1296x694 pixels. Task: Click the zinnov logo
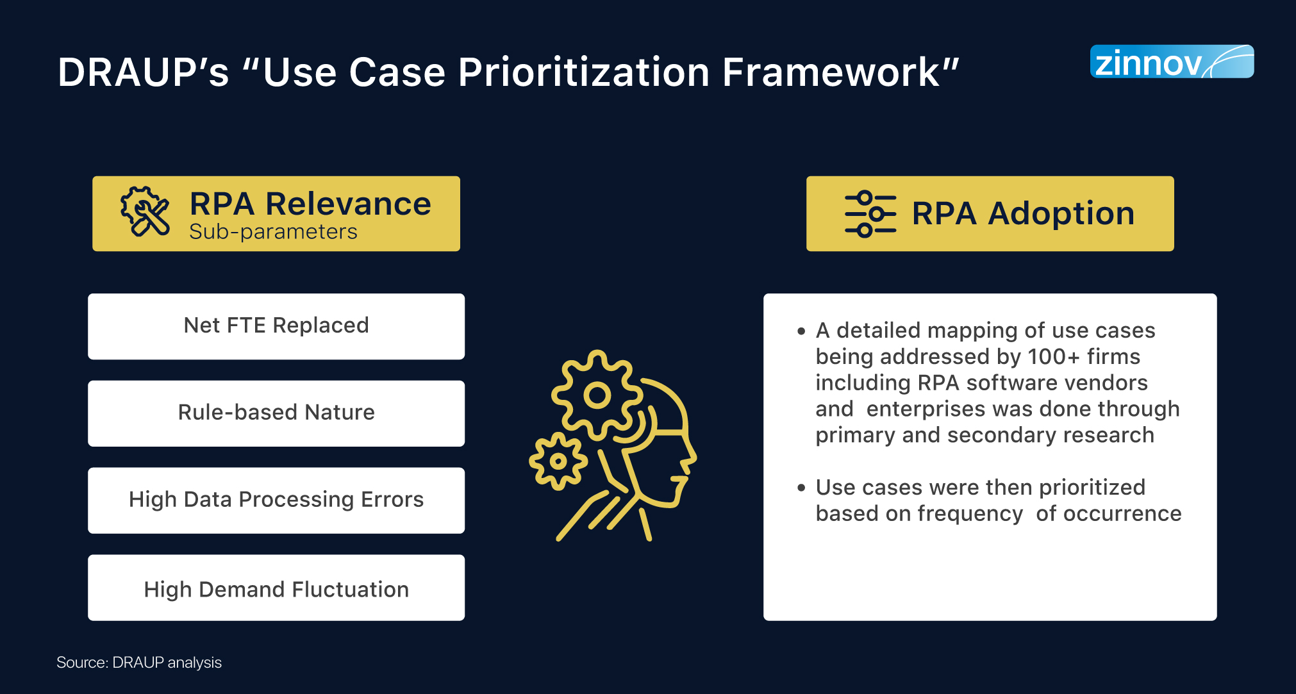tap(1172, 62)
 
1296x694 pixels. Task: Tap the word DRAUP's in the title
tap(143, 72)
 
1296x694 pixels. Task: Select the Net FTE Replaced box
tap(276, 326)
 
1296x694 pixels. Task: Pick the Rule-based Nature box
tap(276, 413)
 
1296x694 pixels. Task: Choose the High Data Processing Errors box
tap(276, 500)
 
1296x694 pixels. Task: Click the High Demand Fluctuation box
tap(276, 588)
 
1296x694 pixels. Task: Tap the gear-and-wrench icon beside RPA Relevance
tap(145, 212)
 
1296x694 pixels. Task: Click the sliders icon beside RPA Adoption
tap(870, 214)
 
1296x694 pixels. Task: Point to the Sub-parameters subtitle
tap(273, 231)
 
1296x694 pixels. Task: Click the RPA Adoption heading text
tap(1023, 213)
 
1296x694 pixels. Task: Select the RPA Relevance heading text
tap(310, 204)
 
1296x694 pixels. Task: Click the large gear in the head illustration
tap(597, 395)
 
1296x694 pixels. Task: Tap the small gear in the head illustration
tap(558, 461)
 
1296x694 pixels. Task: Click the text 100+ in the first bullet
tap(1054, 356)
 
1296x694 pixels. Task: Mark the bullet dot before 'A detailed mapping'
tap(801, 331)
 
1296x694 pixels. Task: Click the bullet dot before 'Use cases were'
tap(801, 488)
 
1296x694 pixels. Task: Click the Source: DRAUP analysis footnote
tap(139, 663)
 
